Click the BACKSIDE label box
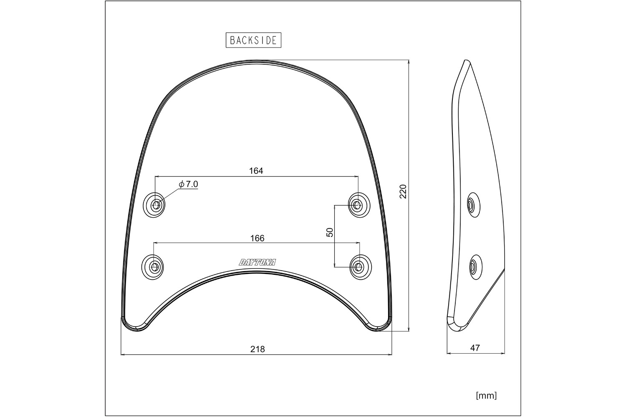(253, 40)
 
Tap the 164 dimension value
(256, 171)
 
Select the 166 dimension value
(257, 238)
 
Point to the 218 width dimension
(257, 349)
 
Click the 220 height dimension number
(403, 191)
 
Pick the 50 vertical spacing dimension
(330, 232)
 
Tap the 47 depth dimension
(475, 348)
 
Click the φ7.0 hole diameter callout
(188, 184)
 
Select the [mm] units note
(486, 395)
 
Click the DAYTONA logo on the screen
(257, 262)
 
